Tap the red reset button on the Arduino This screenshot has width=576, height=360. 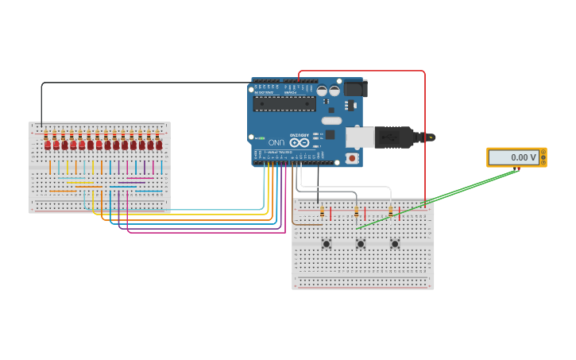(x=351, y=158)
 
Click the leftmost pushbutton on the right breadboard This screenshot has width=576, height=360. (x=326, y=243)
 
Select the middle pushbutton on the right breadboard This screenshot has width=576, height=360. (x=360, y=243)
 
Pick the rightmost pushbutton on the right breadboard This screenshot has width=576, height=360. (x=394, y=243)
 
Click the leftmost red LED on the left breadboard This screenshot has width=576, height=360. (x=48, y=145)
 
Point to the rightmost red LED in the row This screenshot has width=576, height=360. (x=159, y=145)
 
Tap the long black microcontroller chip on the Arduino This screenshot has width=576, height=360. (x=284, y=104)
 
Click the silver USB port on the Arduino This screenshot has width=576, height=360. (x=359, y=137)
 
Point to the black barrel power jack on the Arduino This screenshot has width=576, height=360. (x=354, y=88)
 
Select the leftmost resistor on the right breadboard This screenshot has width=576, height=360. (x=322, y=212)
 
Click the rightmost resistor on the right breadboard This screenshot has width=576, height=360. (x=390, y=212)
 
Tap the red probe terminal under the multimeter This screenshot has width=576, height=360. (x=520, y=168)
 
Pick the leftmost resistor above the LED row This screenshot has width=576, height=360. (x=47, y=134)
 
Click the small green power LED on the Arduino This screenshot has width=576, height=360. (x=261, y=138)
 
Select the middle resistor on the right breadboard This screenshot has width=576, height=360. (x=356, y=212)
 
